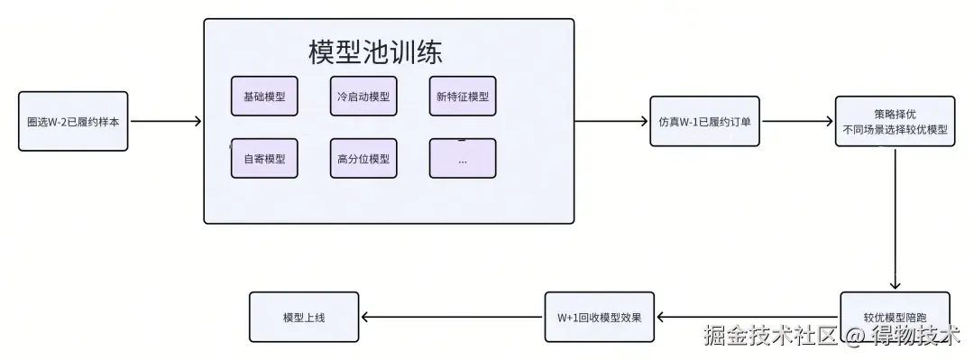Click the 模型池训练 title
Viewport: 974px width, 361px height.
[375, 52]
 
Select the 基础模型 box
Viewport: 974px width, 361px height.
[264, 97]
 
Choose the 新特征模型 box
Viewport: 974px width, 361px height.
[462, 97]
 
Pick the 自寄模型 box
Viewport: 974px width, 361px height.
[264, 159]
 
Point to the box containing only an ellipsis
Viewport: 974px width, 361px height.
[462, 159]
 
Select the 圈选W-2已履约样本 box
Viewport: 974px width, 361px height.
[73, 121]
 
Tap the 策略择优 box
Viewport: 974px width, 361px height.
[894, 121]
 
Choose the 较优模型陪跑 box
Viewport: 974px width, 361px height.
[894, 316]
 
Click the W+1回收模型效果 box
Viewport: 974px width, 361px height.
[599, 316]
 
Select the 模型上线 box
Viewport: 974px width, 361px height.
[304, 316]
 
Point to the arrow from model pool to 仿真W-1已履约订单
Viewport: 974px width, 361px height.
[611, 121]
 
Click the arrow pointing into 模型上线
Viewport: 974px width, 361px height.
[451, 316]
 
